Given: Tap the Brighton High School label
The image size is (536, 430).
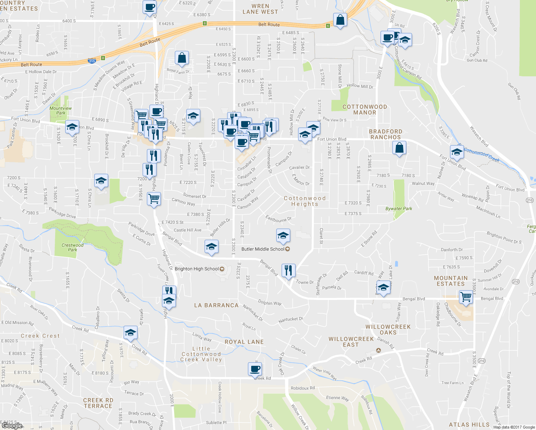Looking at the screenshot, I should (197, 269).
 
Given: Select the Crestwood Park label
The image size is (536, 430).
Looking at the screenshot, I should (72, 247).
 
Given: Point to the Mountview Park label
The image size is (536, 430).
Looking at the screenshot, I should (61, 110).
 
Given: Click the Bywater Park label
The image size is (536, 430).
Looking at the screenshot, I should (399, 209).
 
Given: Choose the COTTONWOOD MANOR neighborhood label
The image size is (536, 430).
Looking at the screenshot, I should (365, 110).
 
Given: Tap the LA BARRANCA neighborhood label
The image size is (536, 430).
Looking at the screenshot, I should (216, 305).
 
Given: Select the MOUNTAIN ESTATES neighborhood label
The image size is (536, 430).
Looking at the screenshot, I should (451, 281).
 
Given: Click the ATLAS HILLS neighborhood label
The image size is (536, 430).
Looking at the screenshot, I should (469, 425).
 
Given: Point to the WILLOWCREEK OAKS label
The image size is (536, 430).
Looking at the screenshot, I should (388, 330).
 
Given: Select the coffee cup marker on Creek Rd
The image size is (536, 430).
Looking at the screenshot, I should (255, 369).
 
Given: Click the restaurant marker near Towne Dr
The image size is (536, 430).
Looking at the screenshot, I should (288, 270).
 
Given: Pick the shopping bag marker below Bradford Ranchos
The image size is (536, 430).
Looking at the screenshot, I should (399, 148).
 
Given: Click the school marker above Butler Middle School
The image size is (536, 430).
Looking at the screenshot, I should (283, 235).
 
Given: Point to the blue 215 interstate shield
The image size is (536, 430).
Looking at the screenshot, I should (92, 61).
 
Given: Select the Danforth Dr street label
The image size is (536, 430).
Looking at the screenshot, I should (451, 250).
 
